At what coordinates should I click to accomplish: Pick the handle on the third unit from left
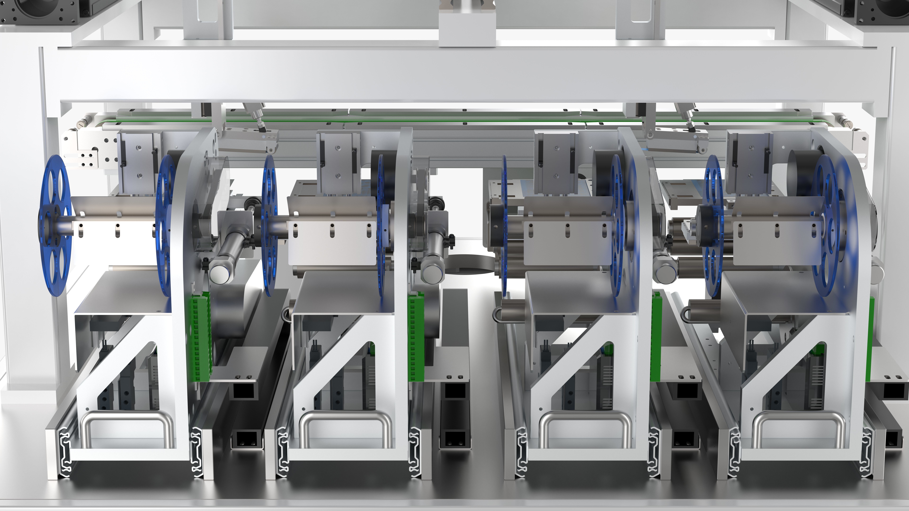coord(584,416)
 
